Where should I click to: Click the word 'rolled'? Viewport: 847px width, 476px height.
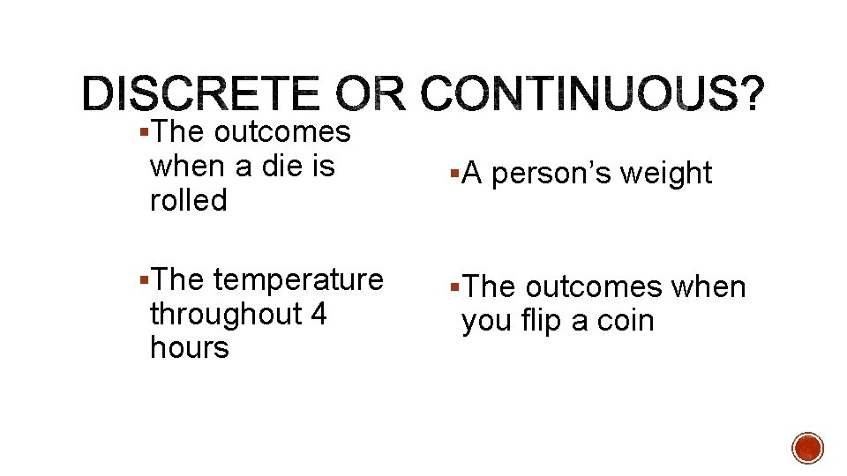(x=188, y=200)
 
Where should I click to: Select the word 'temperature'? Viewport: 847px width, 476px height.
(x=298, y=279)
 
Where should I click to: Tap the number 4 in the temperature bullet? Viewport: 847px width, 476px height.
(x=319, y=313)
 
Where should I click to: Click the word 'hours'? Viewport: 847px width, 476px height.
(x=189, y=347)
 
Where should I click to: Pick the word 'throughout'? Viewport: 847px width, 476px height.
(x=225, y=313)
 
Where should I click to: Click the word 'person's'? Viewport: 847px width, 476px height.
(x=551, y=174)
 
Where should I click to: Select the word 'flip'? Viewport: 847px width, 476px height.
(x=547, y=321)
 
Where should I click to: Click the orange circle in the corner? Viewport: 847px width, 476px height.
(x=808, y=448)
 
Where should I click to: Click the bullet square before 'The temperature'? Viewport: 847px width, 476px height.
(x=145, y=279)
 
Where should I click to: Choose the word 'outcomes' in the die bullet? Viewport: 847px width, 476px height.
(x=281, y=132)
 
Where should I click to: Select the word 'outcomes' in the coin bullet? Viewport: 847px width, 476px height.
(x=593, y=286)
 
